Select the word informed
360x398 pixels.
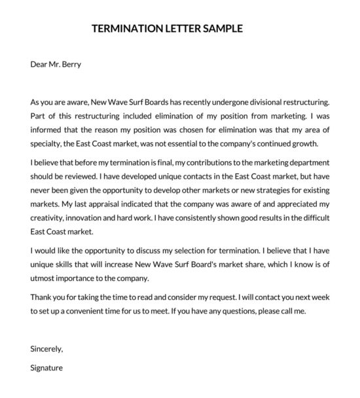pos(47,130)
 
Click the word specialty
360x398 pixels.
pos(48,144)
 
